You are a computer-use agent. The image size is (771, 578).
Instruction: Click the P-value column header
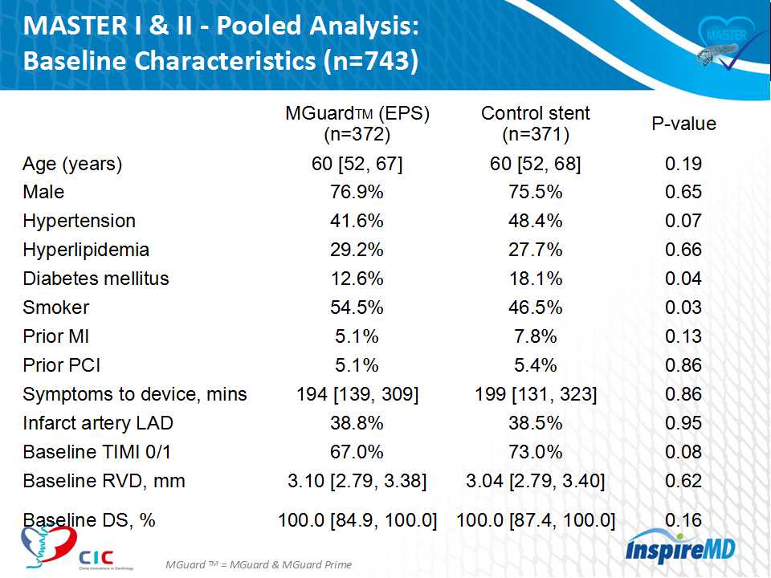pyautogui.click(x=683, y=124)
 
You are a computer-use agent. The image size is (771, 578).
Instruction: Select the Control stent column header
pyautogui.click(x=535, y=123)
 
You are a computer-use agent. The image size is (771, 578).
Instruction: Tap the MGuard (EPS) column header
pyautogui.click(x=357, y=123)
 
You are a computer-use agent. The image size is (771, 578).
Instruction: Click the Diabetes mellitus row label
pyautogui.click(x=96, y=279)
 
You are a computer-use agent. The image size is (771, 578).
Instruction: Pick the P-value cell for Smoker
pyautogui.click(x=683, y=307)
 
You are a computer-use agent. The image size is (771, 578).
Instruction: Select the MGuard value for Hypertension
pyautogui.click(x=357, y=221)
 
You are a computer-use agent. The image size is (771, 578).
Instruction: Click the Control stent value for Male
pyautogui.click(x=535, y=192)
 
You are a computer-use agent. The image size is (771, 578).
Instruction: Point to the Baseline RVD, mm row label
pyautogui.click(x=104, y=481)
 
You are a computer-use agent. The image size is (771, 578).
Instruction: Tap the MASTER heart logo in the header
pyautogui.click(x=722, y=44)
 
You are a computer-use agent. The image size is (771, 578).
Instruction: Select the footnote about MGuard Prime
pyautogui.click(x=259, y=564)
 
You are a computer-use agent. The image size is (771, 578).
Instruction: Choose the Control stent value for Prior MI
pyautogui.click(x=535, y=336)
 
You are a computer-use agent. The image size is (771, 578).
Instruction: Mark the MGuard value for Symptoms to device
pyautogui.click(x=357, y=394)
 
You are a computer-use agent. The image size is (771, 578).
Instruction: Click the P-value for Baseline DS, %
pyautogui.click(x=683, y=520)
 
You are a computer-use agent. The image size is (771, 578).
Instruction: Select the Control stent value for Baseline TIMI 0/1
pyautogui.click(x=535, y=452)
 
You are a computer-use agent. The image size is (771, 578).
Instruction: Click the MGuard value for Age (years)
pyautogui.click(x=357, y=165)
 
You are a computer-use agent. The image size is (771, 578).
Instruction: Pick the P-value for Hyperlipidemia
pyautogui.click(x=683, y=250)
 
